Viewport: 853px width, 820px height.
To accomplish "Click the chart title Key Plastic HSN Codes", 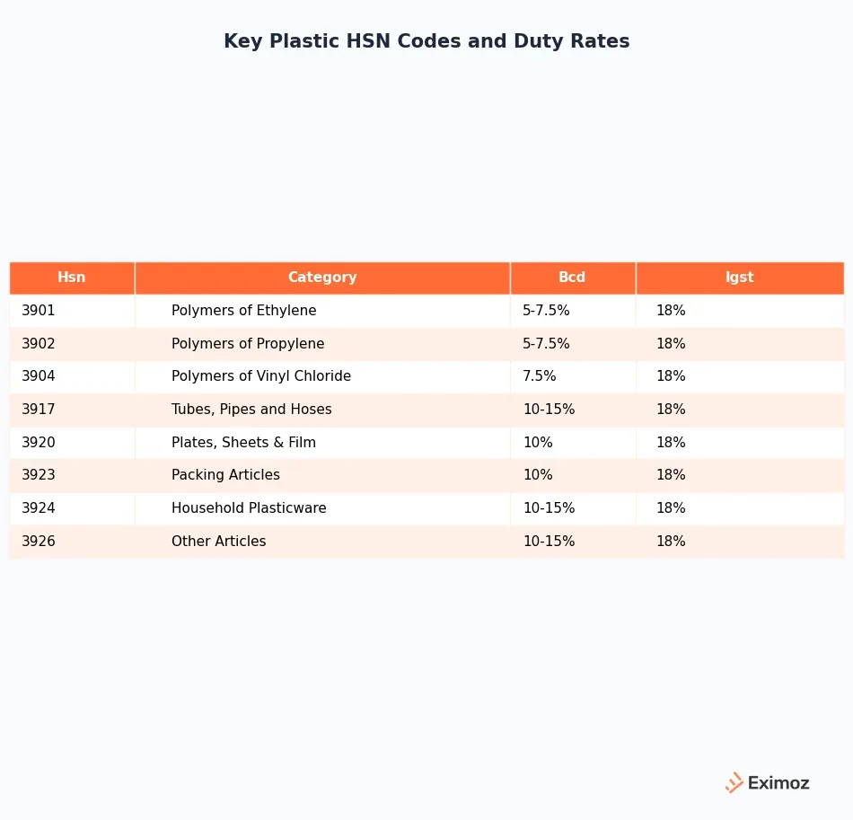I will point(426,41).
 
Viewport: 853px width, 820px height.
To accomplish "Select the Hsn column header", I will point(72,278).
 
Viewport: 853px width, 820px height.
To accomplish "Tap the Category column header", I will point(322,278).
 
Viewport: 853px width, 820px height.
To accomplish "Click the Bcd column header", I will point(572,278).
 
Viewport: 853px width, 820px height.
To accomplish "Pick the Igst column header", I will point(740,278).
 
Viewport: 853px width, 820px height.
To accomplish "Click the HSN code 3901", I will point(39,311).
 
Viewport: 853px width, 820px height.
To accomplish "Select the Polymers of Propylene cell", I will point(248,344).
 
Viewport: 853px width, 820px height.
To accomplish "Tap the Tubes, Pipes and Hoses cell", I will point(251,410).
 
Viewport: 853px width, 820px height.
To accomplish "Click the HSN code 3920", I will point(39,443).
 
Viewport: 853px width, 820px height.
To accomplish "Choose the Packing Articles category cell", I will point(225,475).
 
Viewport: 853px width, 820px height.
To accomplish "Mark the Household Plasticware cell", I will point(249,508).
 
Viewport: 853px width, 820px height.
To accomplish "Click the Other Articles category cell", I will point(219,542).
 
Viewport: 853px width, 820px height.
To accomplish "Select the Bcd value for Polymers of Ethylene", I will point(546,311).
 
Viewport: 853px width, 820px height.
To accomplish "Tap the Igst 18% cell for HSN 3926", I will point(671,542).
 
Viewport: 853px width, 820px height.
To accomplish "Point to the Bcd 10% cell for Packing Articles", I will point(538,475).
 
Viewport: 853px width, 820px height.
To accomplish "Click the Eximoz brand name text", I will point(778,783).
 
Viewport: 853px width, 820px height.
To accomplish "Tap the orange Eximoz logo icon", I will point(734,783).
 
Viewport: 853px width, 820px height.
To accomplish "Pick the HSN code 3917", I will point(39,410).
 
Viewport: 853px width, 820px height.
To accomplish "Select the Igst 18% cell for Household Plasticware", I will point(671,508).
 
